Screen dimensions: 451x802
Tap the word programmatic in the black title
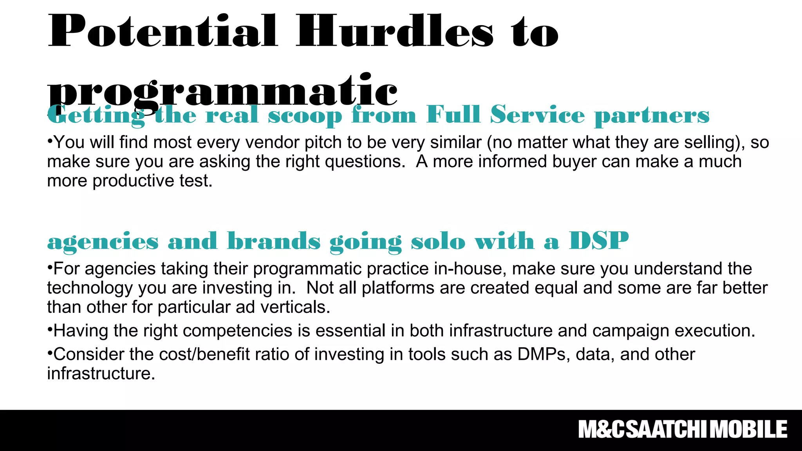222,91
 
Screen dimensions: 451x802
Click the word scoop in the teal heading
305,116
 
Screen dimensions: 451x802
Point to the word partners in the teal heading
652,116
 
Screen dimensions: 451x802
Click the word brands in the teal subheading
274,241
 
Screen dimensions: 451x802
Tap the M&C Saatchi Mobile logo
683,429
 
